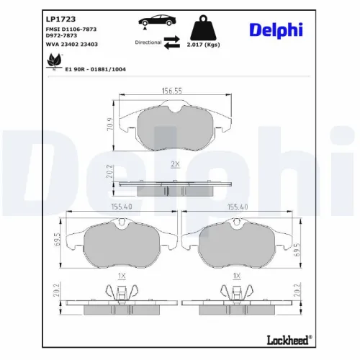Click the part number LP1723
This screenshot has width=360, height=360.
coord(60,19)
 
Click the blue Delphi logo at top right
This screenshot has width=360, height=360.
coord(276,30)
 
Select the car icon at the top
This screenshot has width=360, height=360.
coord(157,21)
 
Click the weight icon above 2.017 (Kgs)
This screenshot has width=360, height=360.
coord(203,27)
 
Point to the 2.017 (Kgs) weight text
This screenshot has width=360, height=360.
coord(203,45)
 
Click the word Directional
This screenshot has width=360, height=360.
coord(148,42)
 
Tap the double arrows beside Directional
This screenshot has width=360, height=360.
coord(172,42)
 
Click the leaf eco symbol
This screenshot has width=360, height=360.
coord(54,61)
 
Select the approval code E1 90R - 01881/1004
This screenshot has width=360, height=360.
coord(96,69)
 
